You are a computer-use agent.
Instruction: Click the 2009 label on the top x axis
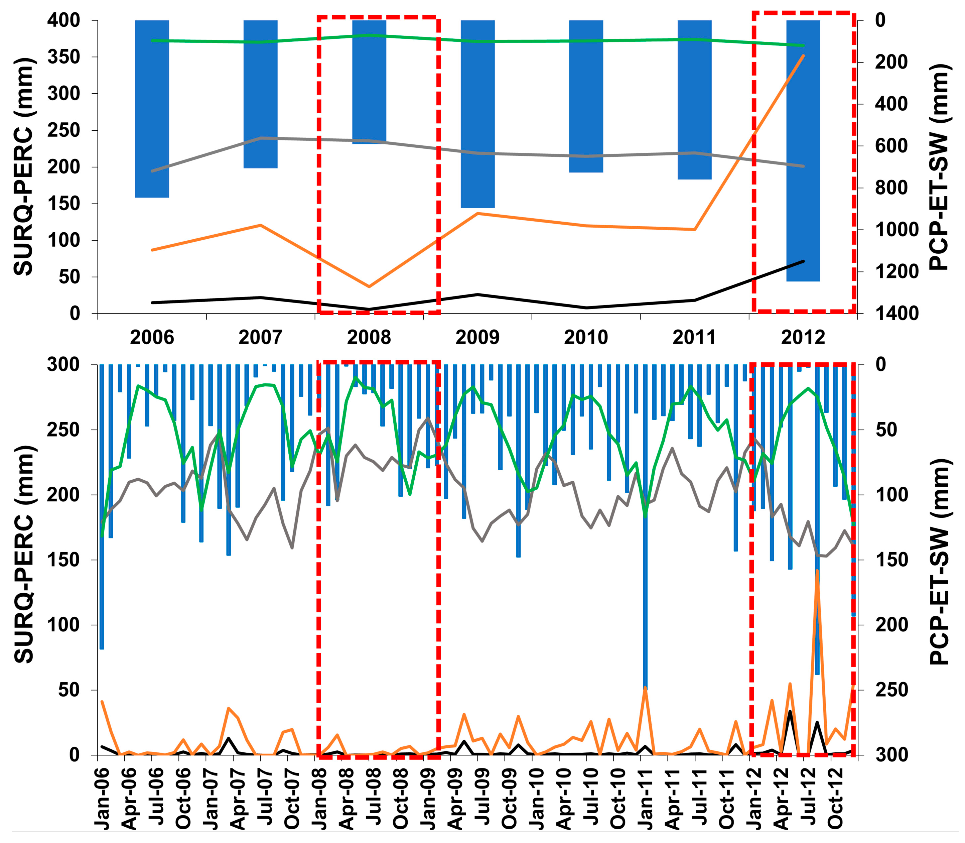point(477,338)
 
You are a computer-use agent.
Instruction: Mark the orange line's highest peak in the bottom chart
point(817,571)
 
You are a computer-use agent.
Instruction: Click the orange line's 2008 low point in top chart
point(369,286)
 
